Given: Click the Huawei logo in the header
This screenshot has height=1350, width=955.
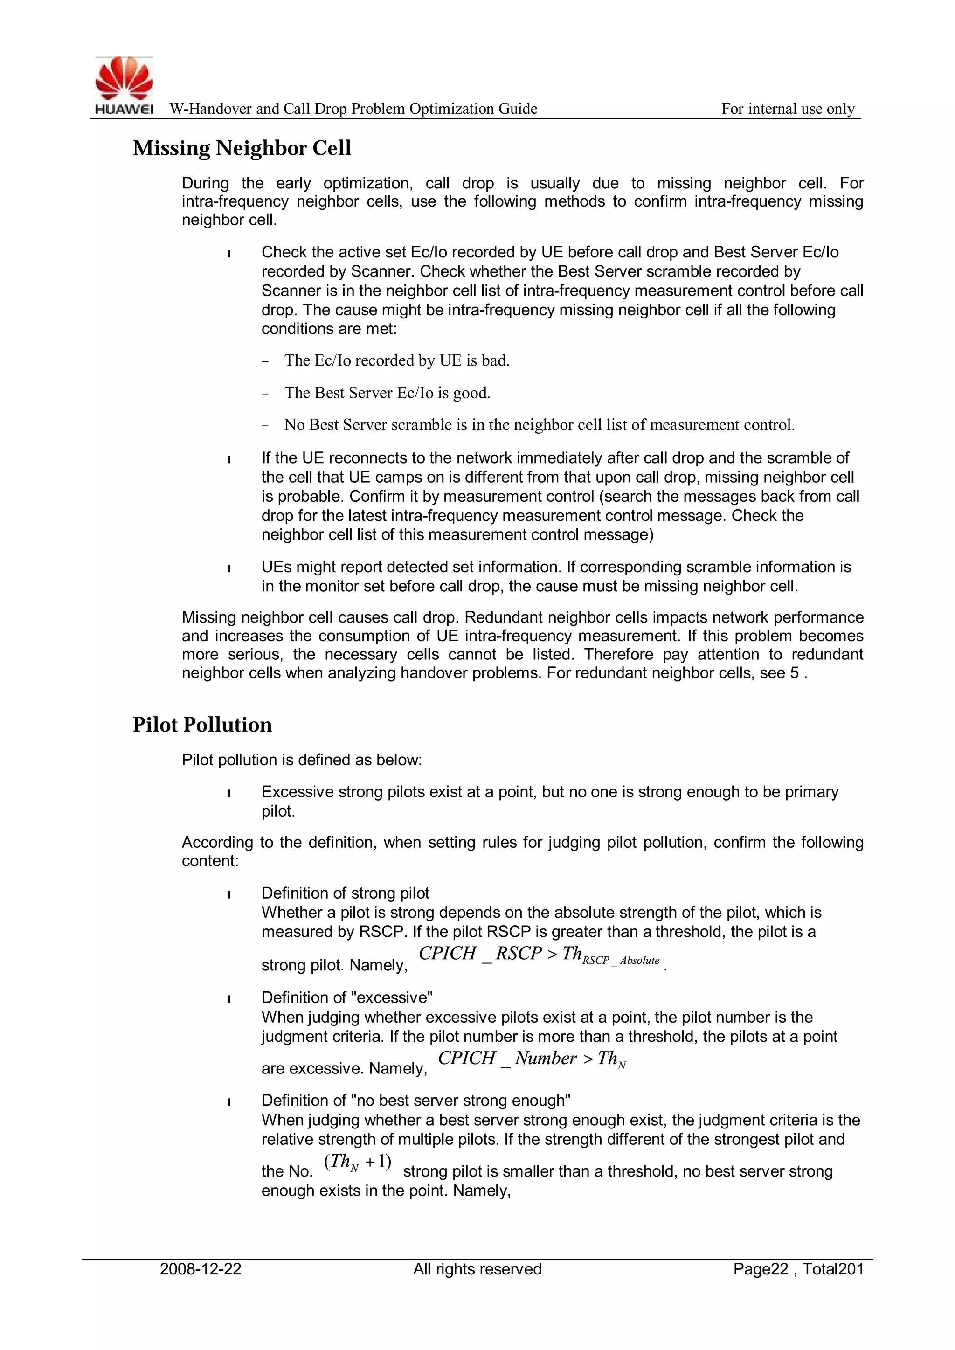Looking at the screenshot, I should (124, 86).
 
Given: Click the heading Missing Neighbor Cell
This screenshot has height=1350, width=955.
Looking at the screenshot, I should (242, 148).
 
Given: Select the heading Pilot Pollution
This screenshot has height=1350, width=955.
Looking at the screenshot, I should (202, 724).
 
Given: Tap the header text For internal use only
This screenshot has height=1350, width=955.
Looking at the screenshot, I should (788, 109).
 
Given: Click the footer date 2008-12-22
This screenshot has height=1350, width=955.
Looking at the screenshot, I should (201, 1269).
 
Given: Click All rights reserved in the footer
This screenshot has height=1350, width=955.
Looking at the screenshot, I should (477, 1269).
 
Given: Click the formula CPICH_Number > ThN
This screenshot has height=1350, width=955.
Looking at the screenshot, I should (532, 1059).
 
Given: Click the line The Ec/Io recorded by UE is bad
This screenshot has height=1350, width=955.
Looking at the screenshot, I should (396, 360).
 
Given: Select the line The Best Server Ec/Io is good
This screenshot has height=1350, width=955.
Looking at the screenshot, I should (387, 393).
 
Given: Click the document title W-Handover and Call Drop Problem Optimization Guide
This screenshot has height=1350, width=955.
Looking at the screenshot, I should (353, 109).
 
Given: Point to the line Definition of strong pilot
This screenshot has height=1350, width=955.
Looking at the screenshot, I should (345, 893).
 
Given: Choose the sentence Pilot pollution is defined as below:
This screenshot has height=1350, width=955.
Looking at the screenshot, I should (302, 760).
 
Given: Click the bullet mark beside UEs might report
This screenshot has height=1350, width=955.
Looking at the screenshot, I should (229, 568).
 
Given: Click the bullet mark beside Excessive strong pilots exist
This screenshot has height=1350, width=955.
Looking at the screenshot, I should (229, 794).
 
